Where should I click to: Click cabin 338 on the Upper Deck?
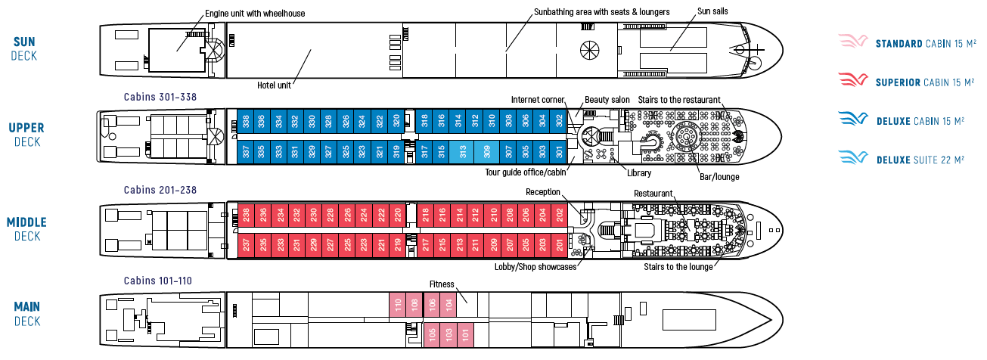pyautogui.click(x=245, y=121)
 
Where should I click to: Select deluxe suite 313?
pyautogui.click(x=462, y=152)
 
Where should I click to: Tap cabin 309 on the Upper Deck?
pyautogui.click(x=487, y=152)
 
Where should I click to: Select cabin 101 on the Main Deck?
pyautogui.click(x=466, y=334)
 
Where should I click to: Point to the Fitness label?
pyautogui.click(x=442, y=284)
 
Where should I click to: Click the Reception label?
pyautogui.click(x=543, y=192)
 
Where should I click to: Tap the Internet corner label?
pyautogui.click(x=538, y=100)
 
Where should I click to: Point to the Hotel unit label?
pyautogui.click(x=274, y=85)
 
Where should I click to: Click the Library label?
pyautogui.click(x=639, y=173)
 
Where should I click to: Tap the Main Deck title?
pyautogui.click(x=27, y=314)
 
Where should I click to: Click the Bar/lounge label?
pyautogui.click(x=719, y=177)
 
